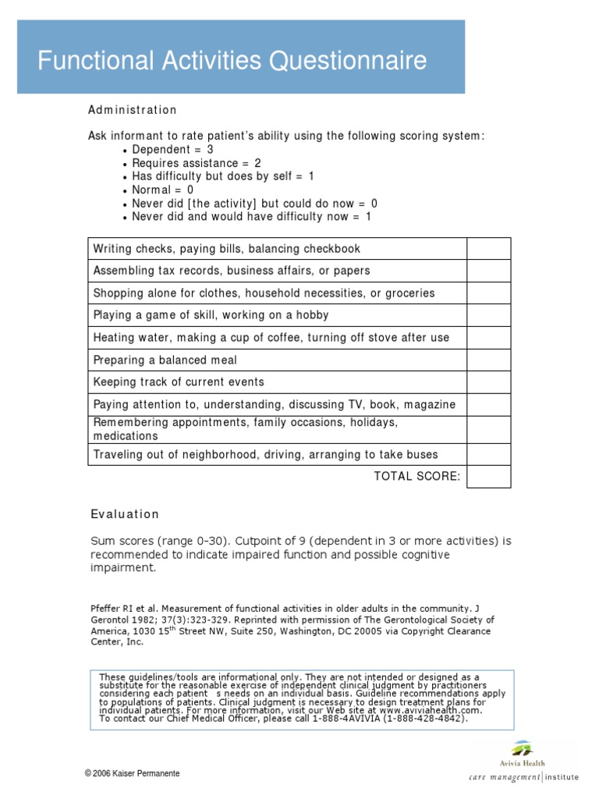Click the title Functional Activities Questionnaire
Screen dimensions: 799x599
click(x=232, y=60)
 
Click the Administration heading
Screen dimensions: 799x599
click(x=132, y=110)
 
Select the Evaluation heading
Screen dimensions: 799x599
click(x=125, y=514)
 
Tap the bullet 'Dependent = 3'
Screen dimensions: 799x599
click(x=172, y=150)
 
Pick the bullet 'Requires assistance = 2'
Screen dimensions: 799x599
click(x=196, y=163)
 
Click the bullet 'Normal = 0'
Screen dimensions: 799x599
click(x=162, y=190)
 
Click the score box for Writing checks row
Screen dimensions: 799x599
click(x=488, y=249)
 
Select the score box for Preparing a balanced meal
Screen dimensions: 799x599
click(x=488, y=360)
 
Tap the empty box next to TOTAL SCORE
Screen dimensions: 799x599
click(x=488, y=477)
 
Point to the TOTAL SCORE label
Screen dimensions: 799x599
click(x=417, y=477)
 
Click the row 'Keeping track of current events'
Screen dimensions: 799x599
click(x=179, y=382)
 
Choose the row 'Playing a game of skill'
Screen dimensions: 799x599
click(x=211, y=315)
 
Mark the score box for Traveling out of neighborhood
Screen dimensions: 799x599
click(x=488, y=454)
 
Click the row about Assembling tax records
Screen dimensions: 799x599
click(x=231, y=271)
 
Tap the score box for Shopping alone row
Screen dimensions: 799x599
click(x=488, y=293)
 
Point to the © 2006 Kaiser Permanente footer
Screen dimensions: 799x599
click(x=133, y=773)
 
